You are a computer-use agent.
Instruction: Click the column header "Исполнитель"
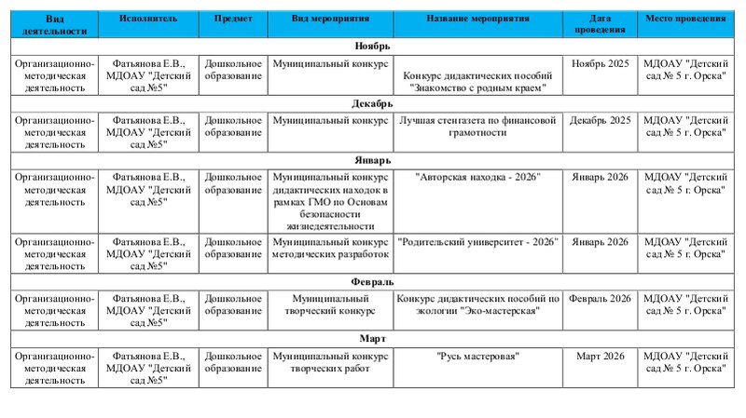(x=148, y=19)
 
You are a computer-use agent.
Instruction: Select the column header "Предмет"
(x=233, y=19)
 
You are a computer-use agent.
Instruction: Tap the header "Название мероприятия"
(x=477, y=19)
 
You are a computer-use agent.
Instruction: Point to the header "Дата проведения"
(x=601, y=24)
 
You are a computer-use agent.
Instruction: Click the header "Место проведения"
(x=685, y=19)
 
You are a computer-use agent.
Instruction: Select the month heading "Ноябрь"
(x=373, y=46)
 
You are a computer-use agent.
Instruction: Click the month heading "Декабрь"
(x=373, y=103)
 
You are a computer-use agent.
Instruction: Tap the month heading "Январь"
(x=373, y=160)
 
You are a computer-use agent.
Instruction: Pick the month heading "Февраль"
(x=373, y=281)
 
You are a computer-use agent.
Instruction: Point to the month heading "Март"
(x=373, y=339)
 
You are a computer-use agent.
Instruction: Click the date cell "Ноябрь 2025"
(x=601, y=63)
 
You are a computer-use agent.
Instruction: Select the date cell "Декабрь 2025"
(x=601, y=121)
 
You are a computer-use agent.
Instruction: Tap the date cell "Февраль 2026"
(x=601, y=299)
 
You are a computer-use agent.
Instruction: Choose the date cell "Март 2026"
(x=601, y=357)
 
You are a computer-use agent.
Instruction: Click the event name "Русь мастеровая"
(x=477, y=357)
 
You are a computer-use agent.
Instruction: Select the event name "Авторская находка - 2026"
(x=477, y=177)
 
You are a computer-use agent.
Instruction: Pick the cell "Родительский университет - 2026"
(x=477, y=242)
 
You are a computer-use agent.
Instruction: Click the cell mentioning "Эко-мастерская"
(x=477, y=304)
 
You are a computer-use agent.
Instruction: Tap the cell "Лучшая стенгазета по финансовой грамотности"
(x=477, y=127)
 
